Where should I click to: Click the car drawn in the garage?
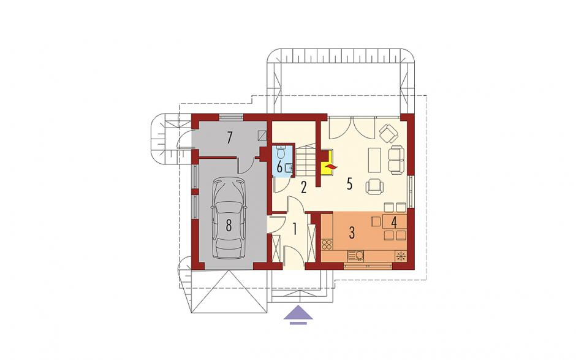(x=229, y=218)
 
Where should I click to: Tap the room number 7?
(x=230, y=138)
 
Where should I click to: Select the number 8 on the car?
(x=229, y=226)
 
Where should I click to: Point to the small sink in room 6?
(x=289, y=169)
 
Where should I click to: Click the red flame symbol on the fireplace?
(x=330, y=168)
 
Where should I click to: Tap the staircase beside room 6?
(x=307, y=160)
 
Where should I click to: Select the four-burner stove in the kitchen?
(x=327, y=244)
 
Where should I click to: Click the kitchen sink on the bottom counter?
(x=355, y=255)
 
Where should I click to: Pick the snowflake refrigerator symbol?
(x=401, y=256)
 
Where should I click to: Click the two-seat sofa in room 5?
(x=396, y=160)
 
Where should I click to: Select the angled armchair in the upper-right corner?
(x=388, y=134)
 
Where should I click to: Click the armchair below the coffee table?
(x=375, y=186)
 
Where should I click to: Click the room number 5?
(x=349, y=184)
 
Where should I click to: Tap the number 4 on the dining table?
(x=394, y=223)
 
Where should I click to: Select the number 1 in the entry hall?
(x=294, y=229)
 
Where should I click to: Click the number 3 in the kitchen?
(x=352, y=233)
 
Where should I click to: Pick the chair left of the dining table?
(x=376, y=221)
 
